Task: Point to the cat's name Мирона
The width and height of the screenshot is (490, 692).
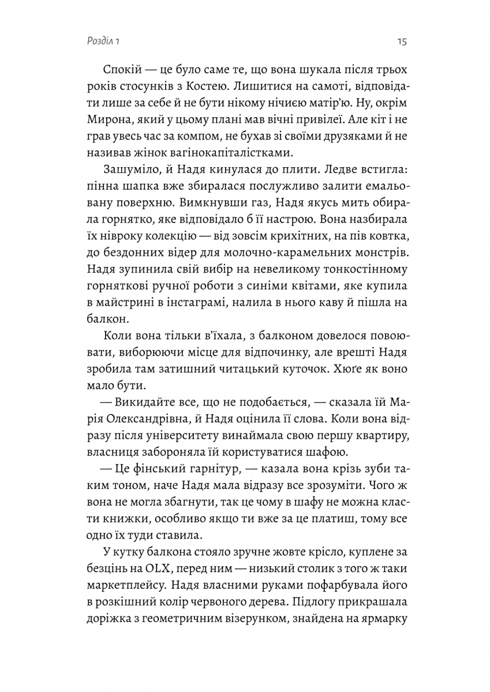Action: point(107,121)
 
